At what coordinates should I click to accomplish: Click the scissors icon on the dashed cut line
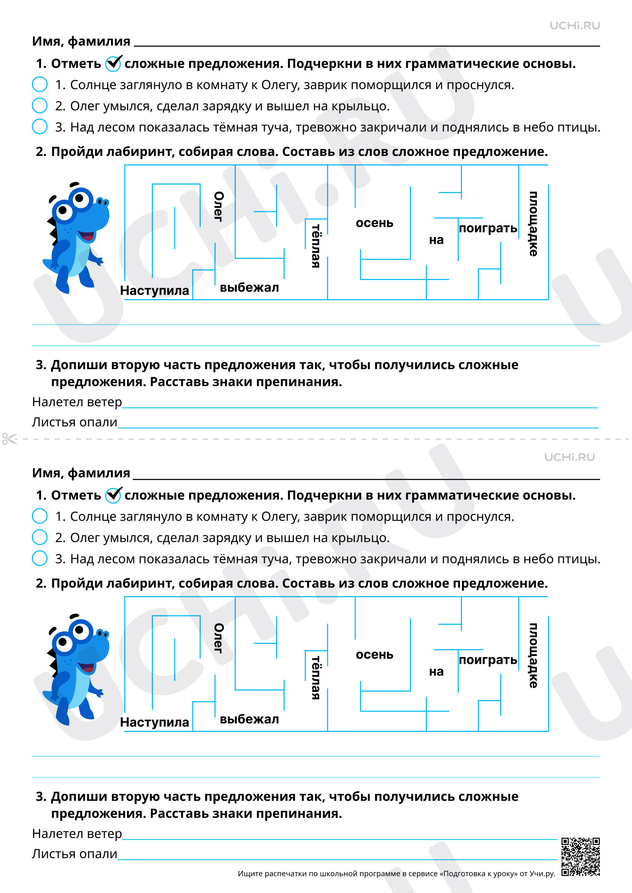(10, 439)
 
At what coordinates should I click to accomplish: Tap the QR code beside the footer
(580, 857)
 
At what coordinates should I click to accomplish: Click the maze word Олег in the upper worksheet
(219, 206)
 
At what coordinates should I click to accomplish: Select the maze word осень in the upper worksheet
(374, 223)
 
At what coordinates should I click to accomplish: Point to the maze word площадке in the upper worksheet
(533, 224)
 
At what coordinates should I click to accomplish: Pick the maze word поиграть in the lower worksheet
(488, 660)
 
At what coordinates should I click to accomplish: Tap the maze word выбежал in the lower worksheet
(249, 719)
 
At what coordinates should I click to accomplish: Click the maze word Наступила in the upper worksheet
(155, 291)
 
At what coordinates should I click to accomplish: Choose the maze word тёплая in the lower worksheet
(316, 677)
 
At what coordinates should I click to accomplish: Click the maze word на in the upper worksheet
(436, 240)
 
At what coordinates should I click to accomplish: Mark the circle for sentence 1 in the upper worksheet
(40, 84)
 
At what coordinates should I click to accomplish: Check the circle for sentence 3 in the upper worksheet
(40, 126)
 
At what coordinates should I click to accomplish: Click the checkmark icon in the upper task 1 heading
(113, 63)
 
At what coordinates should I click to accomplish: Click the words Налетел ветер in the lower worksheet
(77, 833)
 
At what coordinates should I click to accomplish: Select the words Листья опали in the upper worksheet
(74, 422)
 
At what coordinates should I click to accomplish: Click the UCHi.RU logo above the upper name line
(575, 26)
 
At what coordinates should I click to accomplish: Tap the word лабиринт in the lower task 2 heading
(140, 584)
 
